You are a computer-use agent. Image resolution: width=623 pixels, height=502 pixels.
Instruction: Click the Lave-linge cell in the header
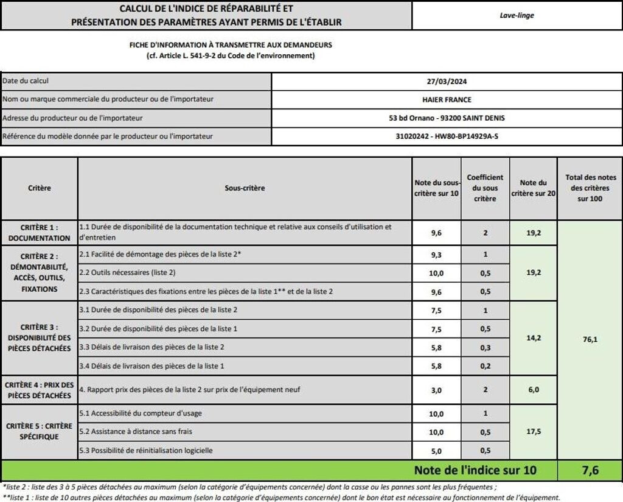coord(517,16)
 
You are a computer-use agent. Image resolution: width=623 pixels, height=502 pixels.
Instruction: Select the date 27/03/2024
coord(447,82)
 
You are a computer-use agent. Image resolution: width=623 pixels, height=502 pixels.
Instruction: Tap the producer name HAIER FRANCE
coord(447,100)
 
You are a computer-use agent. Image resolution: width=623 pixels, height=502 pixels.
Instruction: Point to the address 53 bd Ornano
coord(447,118)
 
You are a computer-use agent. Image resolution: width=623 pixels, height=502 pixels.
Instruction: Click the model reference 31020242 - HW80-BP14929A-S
coord(447,136)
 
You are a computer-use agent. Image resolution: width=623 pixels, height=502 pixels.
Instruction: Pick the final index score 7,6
coord(590,470)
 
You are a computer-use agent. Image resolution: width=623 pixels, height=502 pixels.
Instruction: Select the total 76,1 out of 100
coord(590,339)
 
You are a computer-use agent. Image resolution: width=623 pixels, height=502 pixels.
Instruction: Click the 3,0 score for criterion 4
coord(436,391)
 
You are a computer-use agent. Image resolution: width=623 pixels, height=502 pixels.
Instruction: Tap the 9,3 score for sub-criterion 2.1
coord(436,255)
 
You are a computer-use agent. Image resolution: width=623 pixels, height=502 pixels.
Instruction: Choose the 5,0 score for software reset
coord(436,451)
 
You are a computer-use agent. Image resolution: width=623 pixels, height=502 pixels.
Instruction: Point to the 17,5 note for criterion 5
coord(533,431)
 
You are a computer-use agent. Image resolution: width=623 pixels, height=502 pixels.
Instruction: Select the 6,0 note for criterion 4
coord(533,390)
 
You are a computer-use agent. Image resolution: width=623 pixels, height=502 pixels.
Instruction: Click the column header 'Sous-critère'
coord(245,188)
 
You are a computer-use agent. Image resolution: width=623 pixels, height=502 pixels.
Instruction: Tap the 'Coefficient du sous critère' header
coord(485,188)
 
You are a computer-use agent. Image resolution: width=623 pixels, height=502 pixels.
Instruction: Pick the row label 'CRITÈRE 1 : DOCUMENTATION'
coord(40,232)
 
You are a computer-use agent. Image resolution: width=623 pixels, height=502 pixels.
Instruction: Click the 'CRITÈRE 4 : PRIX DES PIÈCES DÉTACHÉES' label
coord(40,390)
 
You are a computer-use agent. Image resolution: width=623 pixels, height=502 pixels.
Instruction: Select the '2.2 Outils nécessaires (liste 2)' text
coord(128,273)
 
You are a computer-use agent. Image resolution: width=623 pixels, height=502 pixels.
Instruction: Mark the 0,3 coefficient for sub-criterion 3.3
coord(485,347)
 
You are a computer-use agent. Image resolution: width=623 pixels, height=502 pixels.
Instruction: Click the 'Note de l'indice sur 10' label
coord(475,470)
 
